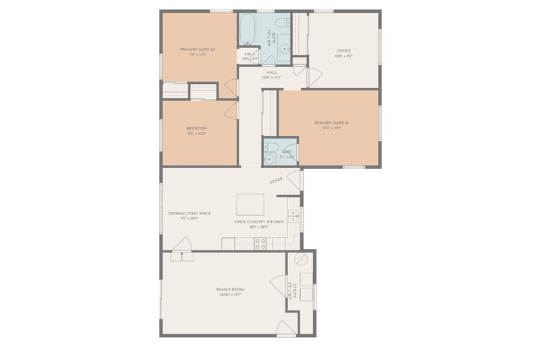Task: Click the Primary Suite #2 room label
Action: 197,49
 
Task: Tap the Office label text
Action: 344,50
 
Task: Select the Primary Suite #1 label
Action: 331,122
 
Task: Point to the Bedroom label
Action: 197,128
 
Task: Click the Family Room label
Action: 230,290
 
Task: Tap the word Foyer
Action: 276,181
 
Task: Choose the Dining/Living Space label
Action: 189,213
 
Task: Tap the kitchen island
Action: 250,204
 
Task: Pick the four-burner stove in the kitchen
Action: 260,244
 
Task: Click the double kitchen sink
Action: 293,217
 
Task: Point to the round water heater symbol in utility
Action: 301,259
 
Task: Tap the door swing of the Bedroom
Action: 231,110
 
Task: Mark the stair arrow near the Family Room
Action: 181,255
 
